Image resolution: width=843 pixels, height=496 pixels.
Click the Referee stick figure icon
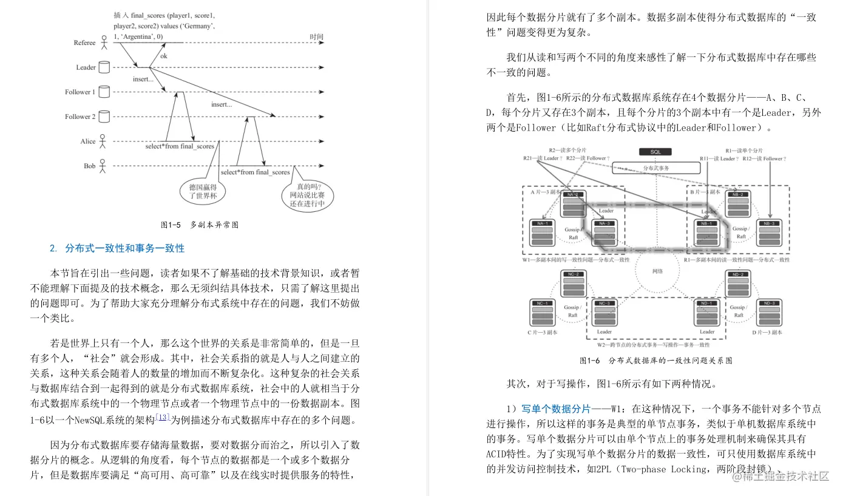point(104,42)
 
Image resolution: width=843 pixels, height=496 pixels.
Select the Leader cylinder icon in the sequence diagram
point(104,67)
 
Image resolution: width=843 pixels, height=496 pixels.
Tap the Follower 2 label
point(80,117)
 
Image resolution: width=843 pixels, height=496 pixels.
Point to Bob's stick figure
point(103,166)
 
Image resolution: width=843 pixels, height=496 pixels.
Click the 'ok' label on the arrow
point(164,56)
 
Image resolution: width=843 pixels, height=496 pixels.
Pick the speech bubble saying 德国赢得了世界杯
point(203,191)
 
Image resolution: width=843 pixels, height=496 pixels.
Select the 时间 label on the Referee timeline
point(316,37)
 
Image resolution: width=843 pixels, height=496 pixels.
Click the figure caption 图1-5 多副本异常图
point(200,225)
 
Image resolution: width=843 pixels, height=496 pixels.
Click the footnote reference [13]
point(162,417)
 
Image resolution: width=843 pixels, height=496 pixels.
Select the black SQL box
point(656,152)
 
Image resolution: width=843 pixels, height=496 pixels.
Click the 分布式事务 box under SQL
point(656,168)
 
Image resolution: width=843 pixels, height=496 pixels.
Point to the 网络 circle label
point(657,271)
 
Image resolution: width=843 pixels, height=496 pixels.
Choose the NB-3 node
point(770,234)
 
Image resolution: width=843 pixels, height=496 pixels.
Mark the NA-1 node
point(542,234)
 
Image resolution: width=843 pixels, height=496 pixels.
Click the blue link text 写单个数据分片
point(556,409)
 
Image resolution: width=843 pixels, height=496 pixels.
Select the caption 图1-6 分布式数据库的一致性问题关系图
point(656,361)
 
